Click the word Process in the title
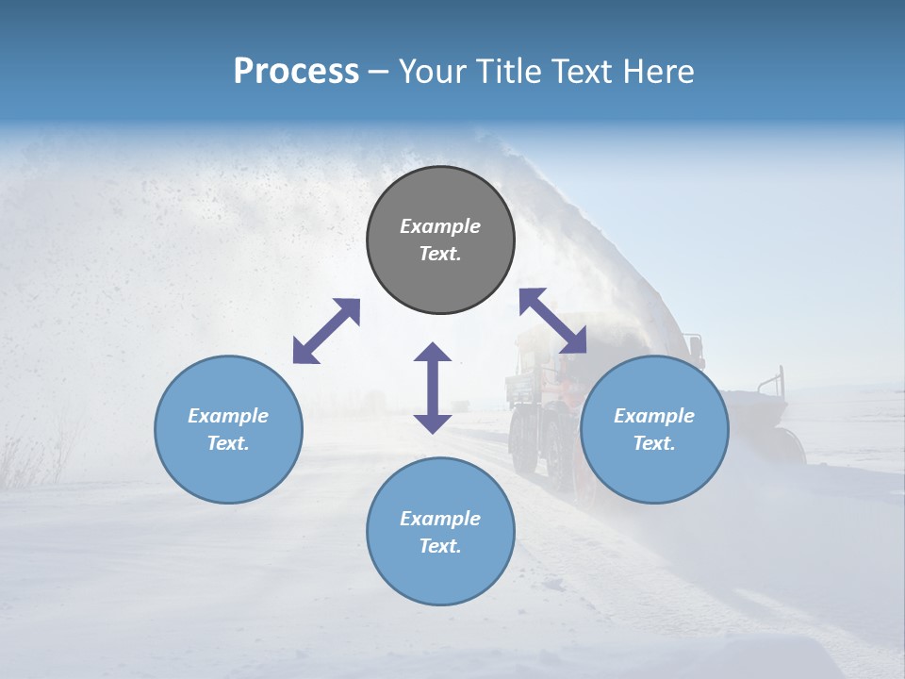click(296, 72)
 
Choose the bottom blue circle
click(440, 571)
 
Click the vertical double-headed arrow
click(433, 388)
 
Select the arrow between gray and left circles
click(326, 331)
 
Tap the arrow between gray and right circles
click(552, 321)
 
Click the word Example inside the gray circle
click(440, 226)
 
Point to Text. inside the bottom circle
click(440, 546)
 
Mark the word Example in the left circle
click(228, 416)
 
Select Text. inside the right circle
click(654, 443)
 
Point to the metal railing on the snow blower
click(773, 382)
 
